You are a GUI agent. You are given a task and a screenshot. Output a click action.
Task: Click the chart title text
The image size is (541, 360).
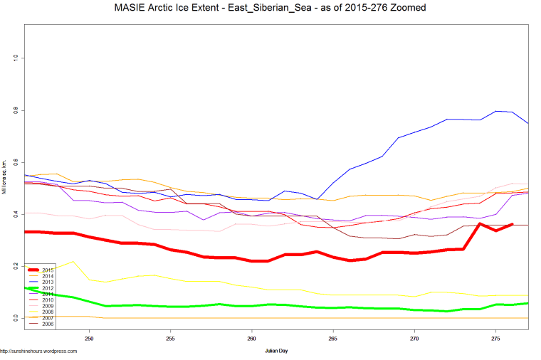[x=270, y=9]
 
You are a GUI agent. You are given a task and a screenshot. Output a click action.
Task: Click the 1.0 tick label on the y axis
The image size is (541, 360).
[x=15, y=58]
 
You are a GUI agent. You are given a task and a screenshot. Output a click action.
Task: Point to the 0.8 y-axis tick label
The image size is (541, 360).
[x=15, y=110]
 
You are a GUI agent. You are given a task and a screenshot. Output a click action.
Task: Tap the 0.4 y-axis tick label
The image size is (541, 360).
[x=15, y=214]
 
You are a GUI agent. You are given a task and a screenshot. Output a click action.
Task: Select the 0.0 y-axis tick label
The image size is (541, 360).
[x=15, y=318]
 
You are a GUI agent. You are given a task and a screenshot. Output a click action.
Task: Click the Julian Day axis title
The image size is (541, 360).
[x=276, y=351]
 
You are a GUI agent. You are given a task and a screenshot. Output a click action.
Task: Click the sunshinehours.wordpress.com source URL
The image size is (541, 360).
[x=39, y=351]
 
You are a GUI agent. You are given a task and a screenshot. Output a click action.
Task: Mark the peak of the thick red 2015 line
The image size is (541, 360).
[x=480, y=224]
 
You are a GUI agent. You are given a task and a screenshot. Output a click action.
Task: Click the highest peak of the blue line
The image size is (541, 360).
[x=497, y=111]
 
